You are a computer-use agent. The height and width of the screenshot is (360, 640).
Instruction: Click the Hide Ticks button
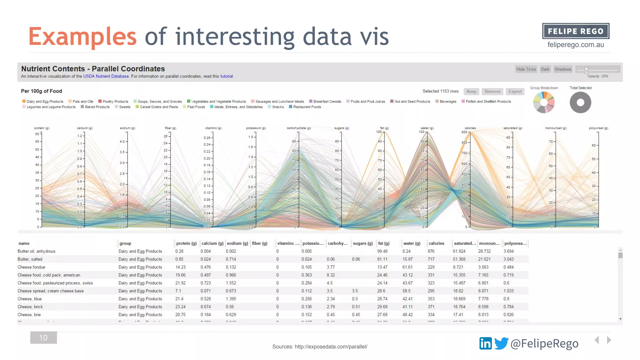click(526, 69)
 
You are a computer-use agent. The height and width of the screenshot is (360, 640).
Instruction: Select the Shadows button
click(562, 69)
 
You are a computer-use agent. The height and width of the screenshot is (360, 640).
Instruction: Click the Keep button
click(471, 92)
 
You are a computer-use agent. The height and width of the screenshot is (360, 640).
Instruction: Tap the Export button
click(515, 92)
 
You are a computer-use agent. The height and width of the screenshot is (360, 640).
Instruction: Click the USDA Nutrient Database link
click(106, 76)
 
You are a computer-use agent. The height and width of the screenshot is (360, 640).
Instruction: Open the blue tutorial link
click(227, 76)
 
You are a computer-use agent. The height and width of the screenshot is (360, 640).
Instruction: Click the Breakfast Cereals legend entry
click(327, 102)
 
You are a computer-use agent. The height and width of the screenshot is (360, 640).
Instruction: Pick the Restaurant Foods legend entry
click(307, 107)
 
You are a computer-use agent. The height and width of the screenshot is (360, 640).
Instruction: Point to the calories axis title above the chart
click(470, 128)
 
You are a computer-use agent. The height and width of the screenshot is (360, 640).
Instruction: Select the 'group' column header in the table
click(125, 243)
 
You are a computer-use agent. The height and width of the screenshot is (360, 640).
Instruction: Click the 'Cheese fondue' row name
click(31, 267)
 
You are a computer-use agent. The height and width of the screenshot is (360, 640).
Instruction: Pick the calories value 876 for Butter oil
click(431, 251)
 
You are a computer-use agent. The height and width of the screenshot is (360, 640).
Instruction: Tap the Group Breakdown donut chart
click(544, 102)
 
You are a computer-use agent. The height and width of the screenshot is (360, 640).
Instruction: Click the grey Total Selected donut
click(580, 102)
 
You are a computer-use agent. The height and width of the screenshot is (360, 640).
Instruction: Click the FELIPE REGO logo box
click(576, 31)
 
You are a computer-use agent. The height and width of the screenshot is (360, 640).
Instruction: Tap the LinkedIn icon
click(485, 343)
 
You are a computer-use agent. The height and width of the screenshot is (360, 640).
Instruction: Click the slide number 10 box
click(43, 337)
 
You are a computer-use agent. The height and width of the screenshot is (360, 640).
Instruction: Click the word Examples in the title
click(82, 37)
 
